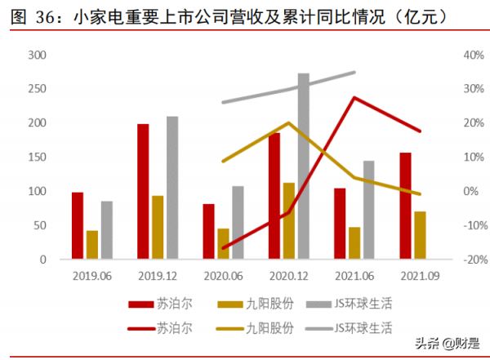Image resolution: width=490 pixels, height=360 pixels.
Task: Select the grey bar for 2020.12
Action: (303, 167)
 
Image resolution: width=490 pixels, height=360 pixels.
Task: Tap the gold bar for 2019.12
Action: (158, 228)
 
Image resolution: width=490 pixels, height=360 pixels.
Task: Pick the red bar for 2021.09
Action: (405, 206)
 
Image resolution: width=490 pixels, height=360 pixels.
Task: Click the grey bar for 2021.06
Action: (368, 210)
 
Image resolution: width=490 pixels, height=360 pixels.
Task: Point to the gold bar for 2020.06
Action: (223, 244)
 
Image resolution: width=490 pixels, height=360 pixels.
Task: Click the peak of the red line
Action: (354, 97)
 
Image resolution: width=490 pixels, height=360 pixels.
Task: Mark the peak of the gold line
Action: (288, 123)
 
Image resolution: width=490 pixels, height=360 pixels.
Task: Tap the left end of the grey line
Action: (223, 103)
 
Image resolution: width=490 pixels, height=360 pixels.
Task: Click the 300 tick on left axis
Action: (36, 55)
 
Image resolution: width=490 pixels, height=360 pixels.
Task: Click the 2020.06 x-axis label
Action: (223, 275)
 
